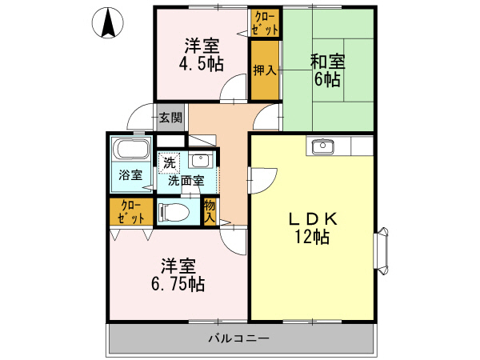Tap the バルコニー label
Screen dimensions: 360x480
point(239,338)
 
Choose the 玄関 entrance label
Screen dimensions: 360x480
point(170,118)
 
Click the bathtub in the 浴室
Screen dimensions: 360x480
point(130,150)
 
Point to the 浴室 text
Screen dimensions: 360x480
point(130,174)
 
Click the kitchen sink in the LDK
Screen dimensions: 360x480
point(323,146)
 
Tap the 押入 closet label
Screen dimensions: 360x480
point(263,70)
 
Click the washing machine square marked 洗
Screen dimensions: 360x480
point(169,162)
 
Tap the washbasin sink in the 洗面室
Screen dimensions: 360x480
point(202,159)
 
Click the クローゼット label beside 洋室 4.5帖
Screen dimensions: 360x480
point(266,22)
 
